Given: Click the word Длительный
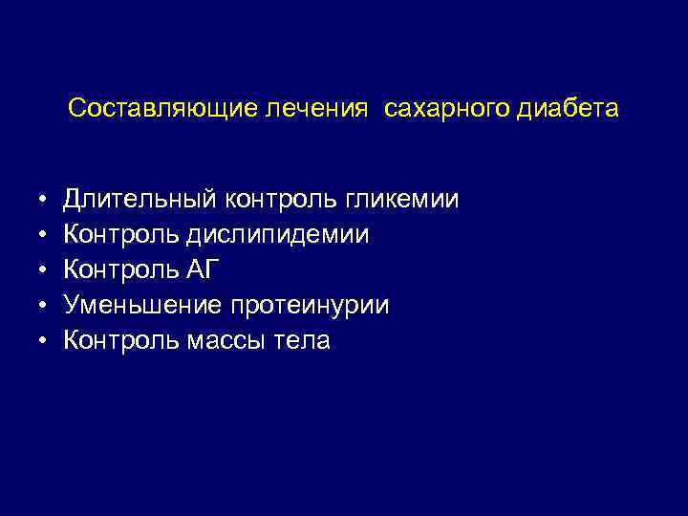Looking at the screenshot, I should pyautogui.click(x=140, y=200).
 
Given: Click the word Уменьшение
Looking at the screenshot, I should pyautogui.click(x=143, y=306).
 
